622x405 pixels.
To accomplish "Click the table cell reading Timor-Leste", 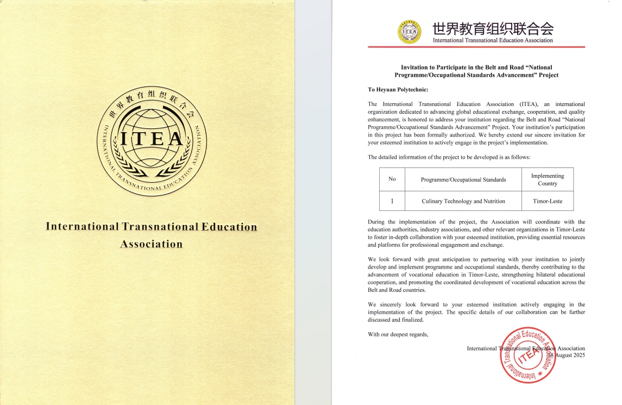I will [x=547, y=201].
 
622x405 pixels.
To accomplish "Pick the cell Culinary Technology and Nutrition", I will [x=463, y=201].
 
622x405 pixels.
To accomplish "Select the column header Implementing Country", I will [x=547, y=180].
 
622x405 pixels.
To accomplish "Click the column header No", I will [x=392, y=180].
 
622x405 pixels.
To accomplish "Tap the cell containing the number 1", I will [x=392, y=201].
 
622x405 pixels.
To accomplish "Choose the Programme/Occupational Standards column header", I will [x=463, y=180].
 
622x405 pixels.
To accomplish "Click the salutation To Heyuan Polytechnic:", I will [x=399, y=90].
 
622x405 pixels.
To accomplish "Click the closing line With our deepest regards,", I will [x=398, y=334].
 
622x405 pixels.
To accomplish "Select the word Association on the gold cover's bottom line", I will [x=151, y=244].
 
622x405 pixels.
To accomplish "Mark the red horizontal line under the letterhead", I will [x=476, y=47].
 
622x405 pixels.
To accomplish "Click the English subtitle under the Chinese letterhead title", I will [x=492, y=40].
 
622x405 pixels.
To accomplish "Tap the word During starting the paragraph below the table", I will [x=378, y=222].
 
